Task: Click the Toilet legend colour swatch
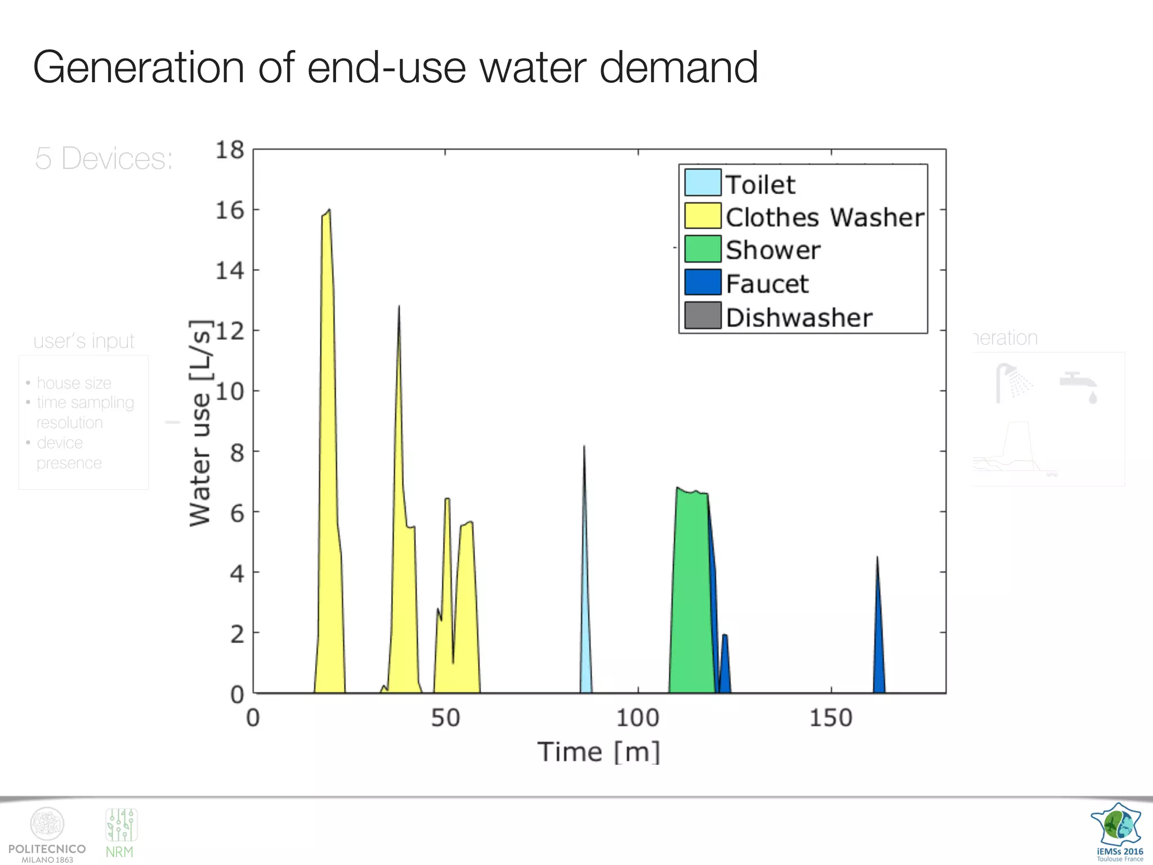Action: click(703, 182)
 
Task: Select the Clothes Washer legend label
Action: click(824, 217)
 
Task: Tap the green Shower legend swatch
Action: click(703, 249)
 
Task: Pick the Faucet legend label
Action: click(767, 283)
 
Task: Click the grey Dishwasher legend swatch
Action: click(703, 315)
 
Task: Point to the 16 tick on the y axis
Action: click(230, 211)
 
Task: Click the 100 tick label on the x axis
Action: click(637, 718)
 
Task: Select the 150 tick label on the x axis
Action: click(831, 718)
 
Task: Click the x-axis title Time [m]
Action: click(598, 752)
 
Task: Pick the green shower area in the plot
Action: click(691, 591)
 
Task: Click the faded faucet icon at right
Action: click(1079, 386)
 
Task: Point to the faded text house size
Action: click(74, 384)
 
